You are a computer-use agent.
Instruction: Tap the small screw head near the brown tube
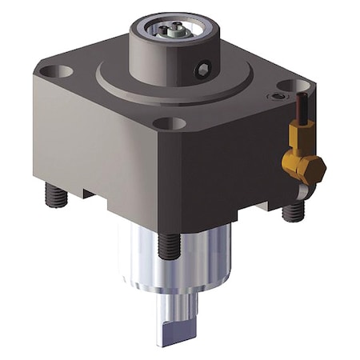[x=277, y=96]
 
